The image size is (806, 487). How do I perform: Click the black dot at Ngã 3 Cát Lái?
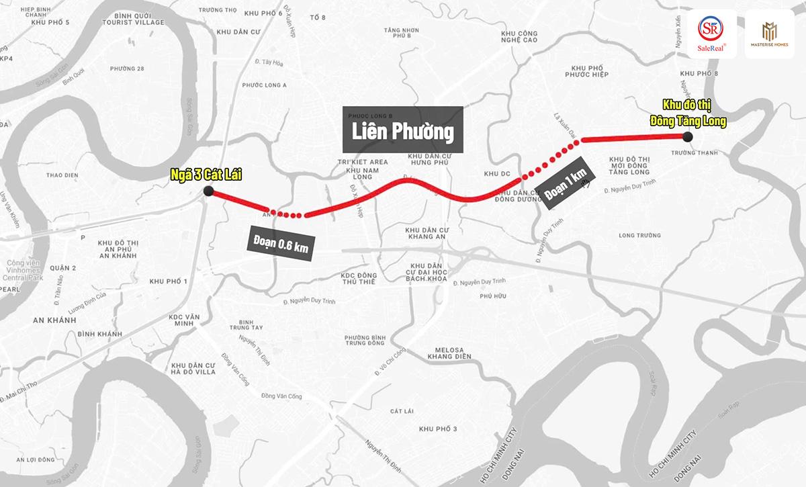(208, 191)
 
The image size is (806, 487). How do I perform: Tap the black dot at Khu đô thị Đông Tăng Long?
(687, 137)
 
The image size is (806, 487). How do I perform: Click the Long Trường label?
(639, 235)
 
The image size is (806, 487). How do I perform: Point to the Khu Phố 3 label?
(437, 429)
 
